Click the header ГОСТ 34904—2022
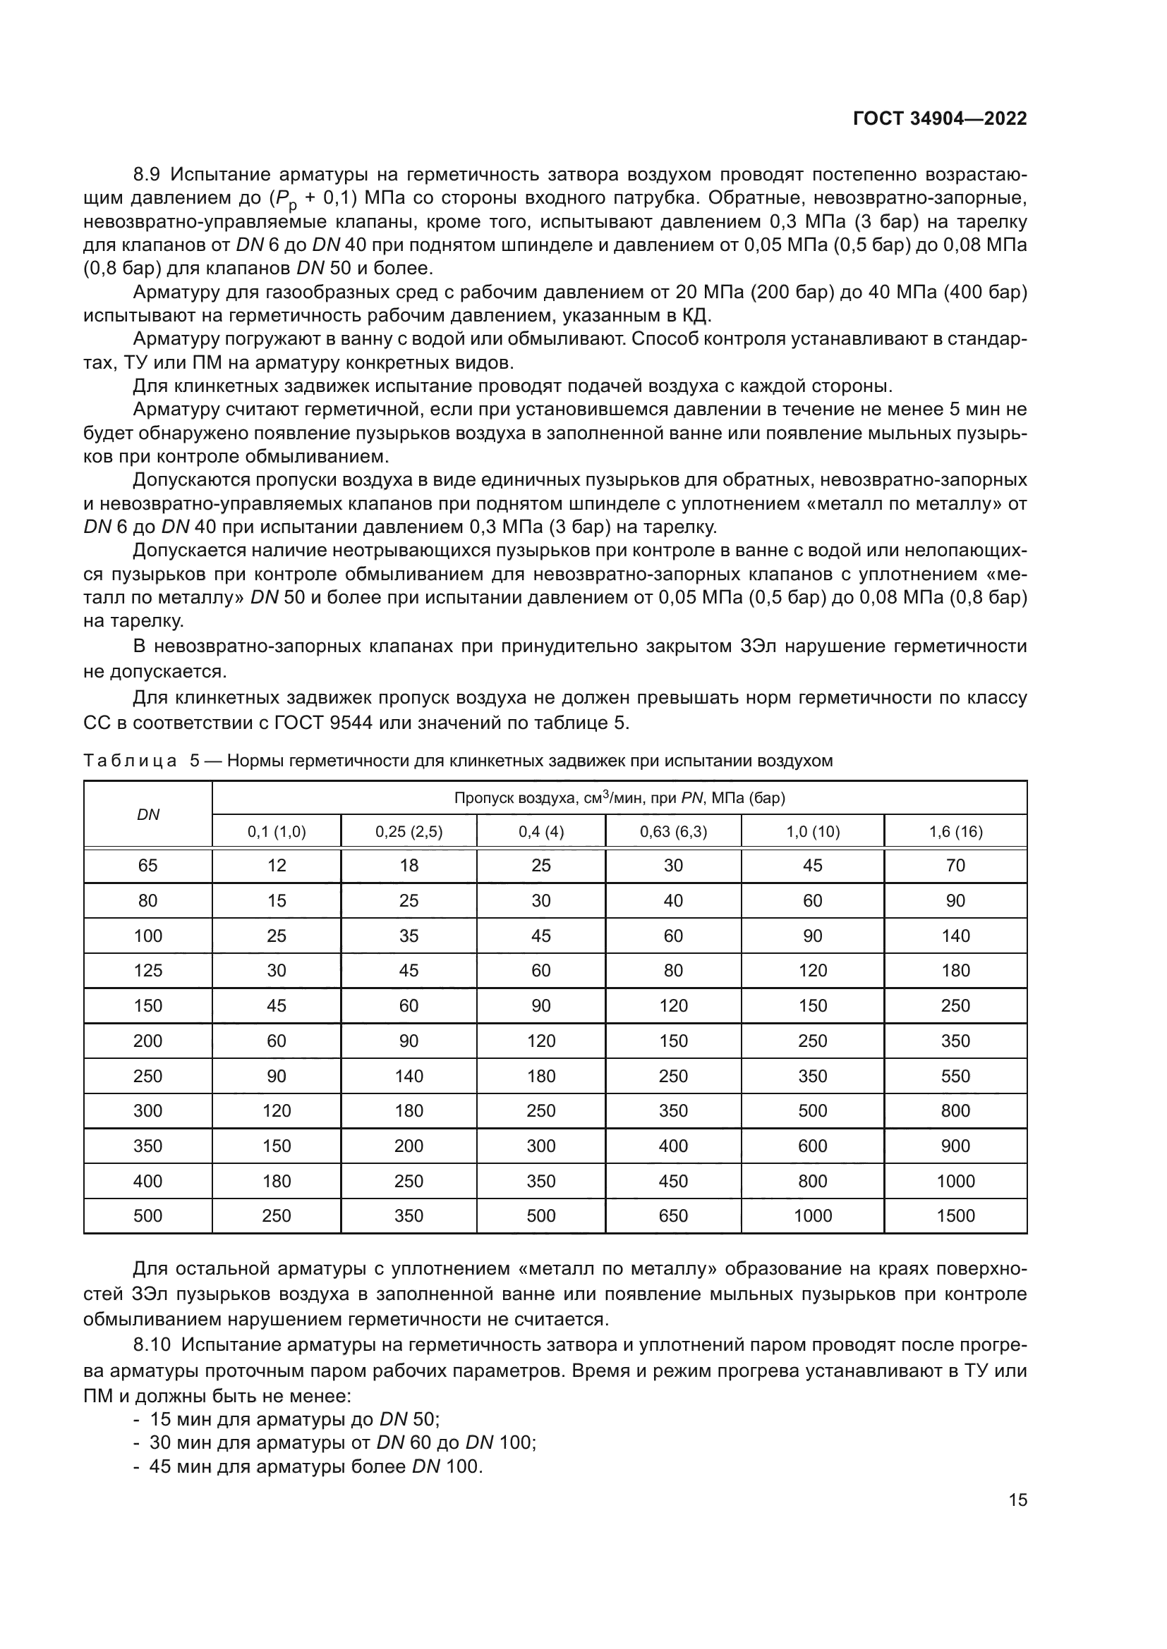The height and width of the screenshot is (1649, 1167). point(939,118)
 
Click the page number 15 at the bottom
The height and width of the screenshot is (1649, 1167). point(1017,1500)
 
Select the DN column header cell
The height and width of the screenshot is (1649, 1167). point(148,814)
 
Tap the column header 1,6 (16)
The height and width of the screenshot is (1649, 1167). point(955,832)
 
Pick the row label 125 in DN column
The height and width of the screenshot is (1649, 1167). point(148,970)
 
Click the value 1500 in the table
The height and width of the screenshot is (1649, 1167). point(955,1216)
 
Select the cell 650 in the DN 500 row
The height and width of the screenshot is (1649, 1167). point(673,1216)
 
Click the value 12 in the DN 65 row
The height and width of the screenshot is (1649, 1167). point(277,866)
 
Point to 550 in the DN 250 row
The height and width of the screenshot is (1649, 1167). point(955,1076)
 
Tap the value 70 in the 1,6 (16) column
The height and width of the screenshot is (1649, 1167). point(955,866)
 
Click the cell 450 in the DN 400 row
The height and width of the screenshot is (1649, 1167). point(673,1181)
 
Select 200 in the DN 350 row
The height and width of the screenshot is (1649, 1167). point(409,1146)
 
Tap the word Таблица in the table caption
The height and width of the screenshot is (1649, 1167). point(130,761)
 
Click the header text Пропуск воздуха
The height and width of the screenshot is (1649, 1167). point(507,798)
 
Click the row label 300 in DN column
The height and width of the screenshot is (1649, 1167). point(148,1110)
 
